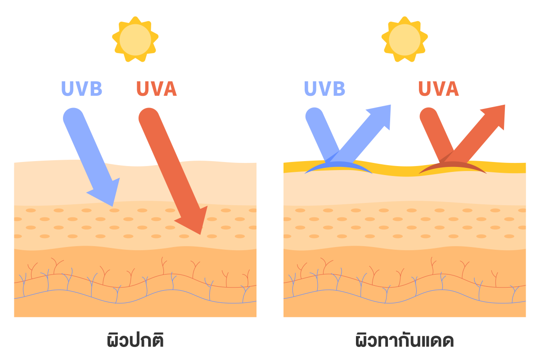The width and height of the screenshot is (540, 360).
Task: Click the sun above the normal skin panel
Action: pos(135,39)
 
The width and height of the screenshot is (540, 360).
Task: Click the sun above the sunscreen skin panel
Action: pos(405,39)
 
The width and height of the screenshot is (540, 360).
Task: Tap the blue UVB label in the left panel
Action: pos(82,89)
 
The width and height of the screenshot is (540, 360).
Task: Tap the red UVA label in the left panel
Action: pos(156,89)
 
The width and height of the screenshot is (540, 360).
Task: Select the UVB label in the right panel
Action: pos(324,89)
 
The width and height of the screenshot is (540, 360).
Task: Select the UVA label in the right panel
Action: pos(439,89)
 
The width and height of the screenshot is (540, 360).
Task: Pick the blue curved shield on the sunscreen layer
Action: pos(338,168)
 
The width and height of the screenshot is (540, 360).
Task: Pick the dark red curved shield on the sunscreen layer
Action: pos(452,168)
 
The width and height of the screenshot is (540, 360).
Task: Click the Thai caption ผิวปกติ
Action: pos(135,340)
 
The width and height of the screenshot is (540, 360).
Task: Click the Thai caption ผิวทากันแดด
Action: pos(405,340)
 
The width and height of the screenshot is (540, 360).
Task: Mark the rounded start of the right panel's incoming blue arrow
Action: pos(315,117)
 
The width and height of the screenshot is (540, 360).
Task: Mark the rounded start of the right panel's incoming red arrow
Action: pos(429,117)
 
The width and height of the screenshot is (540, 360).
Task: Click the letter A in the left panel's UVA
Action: pos(169,89)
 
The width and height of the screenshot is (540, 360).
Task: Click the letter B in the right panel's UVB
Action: pos(337,89)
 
